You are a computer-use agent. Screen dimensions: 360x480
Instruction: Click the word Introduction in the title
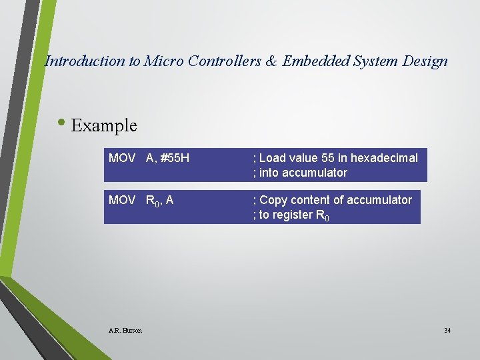(x=84, y=61)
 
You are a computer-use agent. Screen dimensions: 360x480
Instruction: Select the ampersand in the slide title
(x=271, y=61)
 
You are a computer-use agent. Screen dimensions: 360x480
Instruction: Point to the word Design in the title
(x=425, y=61)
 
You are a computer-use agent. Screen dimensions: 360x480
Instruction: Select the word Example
(x=104, y=125)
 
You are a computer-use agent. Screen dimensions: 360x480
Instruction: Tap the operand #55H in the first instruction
(x=175, y=158)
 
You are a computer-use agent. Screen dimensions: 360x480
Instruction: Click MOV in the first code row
(x=122, y=158)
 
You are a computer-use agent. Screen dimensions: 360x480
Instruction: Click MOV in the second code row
(x=122, y=200)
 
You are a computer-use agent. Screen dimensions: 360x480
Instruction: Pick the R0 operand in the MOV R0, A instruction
(x=153, y=201)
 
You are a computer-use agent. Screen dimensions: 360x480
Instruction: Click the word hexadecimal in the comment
(x=384, y=158)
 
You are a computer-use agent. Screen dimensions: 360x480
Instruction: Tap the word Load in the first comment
(x=271, y=158)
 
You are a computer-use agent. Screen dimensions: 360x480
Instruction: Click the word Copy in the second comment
(x=273, y=200)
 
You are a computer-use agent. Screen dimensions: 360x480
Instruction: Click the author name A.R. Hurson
(x=125, y=330)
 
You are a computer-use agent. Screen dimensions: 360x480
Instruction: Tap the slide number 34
(x=447, y=330)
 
